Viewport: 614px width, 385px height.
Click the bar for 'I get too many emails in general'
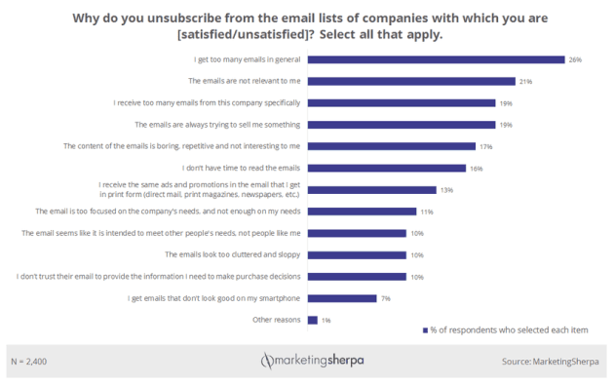coord(437,59)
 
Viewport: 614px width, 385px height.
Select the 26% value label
coord(575,59)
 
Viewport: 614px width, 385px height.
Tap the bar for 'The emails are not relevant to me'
coord(411,81)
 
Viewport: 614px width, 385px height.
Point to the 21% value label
coord(524,81)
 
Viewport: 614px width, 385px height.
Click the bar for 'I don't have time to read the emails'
coord(387,168)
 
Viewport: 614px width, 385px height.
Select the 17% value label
coord(485,146)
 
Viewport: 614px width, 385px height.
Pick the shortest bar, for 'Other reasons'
coord(312,319)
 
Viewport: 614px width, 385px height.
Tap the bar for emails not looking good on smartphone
coord(342,297)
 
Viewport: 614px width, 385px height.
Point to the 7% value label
coord(386,297)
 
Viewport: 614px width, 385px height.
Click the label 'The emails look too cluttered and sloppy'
coord(233,254)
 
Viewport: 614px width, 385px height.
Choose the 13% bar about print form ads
coord(371,189)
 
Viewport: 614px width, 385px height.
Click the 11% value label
coord(426,211)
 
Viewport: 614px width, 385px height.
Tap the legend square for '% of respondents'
coord(425,330)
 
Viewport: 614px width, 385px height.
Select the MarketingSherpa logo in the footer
coord(307,362)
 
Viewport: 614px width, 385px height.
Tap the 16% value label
coord(476,168)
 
